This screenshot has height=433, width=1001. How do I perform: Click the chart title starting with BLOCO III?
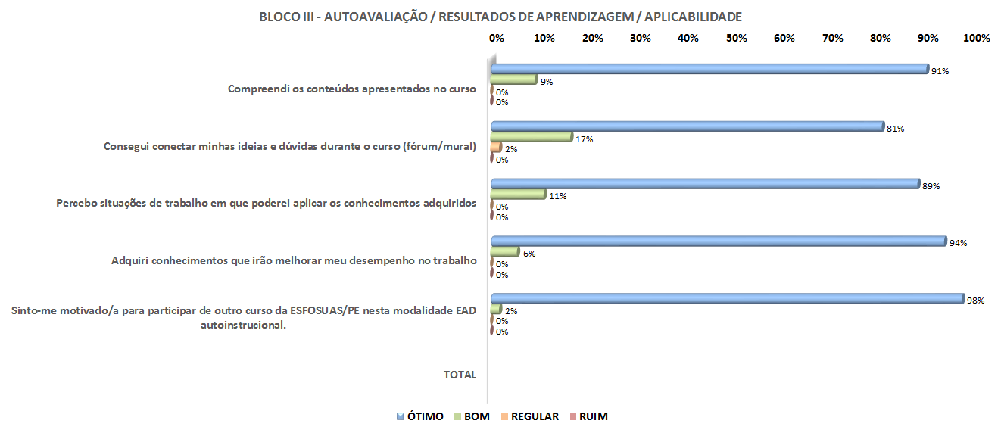(x=500, y=17)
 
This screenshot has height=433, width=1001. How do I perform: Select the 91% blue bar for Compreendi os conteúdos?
(x=709, y=69)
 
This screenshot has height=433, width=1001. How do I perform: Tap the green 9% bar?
(x=513, y=79)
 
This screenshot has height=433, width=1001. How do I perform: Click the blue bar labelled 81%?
(x=687, y=126)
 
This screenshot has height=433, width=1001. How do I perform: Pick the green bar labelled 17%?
(x=531, y=137)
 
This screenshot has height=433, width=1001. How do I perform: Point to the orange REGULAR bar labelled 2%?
(x=496, y=148)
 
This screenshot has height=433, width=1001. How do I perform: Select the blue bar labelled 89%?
(x=705, y=184)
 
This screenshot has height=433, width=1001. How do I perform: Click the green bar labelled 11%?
(x=518, y=195)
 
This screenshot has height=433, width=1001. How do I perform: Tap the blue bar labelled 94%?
(x=719, y=241)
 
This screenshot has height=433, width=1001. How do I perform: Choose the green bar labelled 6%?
(x=505, y=252)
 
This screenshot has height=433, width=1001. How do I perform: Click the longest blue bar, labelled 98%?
(x=727, y=299)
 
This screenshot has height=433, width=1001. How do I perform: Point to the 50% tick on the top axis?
(x=736, y=38)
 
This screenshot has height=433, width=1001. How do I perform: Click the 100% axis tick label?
(x=976, y=38)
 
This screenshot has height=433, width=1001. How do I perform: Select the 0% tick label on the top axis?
(x=496, y=38)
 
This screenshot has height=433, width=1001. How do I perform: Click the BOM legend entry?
(x=472, y=416)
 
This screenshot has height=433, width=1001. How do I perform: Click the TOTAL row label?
(x=460, y=375)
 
